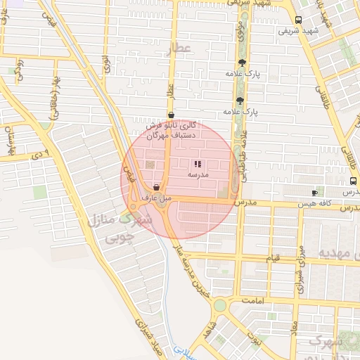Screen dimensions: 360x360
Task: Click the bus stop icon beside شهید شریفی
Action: tap(299, 20)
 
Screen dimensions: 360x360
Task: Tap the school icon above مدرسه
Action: tap(196, 163)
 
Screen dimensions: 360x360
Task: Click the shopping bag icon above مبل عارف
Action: tap(155, 188)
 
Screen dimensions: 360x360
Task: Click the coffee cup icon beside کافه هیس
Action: tap(314, 193)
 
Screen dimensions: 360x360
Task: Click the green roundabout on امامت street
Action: tap(221, 305)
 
